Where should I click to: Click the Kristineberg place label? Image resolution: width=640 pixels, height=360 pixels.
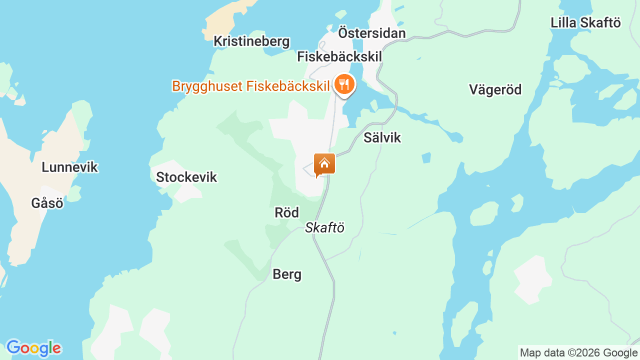point(251,41)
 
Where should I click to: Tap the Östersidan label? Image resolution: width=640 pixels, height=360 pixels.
point(371,33)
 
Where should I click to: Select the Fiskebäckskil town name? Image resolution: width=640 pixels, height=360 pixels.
point(339,56)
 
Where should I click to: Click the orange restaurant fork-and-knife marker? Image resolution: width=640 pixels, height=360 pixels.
point(344,84)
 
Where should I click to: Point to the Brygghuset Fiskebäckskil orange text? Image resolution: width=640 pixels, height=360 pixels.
point(250,86)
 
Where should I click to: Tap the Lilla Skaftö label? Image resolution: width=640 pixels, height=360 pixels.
point(585,22)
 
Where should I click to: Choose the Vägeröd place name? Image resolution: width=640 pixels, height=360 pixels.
point(495,89)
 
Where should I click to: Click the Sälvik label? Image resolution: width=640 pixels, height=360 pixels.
point(382,137)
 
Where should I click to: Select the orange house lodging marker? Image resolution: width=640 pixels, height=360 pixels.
point(324,164)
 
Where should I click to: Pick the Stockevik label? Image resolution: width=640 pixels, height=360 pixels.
point(186,177)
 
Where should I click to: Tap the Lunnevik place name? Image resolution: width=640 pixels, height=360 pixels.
point(69,167)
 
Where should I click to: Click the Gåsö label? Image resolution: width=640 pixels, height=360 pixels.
point(47,203)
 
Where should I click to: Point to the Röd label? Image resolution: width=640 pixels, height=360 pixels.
point(286,212)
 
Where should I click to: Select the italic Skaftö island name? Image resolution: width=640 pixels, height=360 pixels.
point(324,227)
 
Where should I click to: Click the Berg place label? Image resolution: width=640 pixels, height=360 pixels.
point(287,274)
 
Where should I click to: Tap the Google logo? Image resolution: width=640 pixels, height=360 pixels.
point(33,348)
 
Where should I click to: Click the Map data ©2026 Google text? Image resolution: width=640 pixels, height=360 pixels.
point(579,353)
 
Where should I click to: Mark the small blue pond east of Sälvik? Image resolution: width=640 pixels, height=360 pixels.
point(426,158)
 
